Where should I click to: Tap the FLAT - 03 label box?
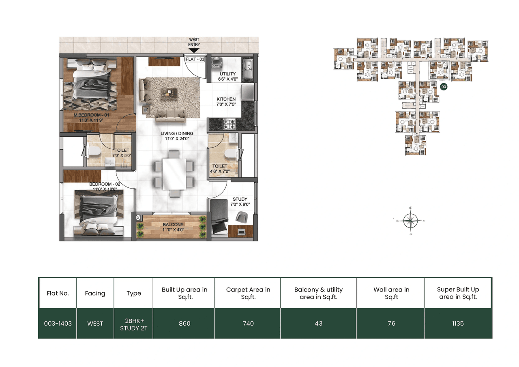195,59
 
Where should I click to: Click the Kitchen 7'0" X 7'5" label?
226,102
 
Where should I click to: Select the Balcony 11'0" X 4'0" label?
173,227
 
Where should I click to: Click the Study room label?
240,202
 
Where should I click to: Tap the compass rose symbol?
412,221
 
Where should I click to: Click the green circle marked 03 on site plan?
444,87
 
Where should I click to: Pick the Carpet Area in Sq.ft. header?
248,293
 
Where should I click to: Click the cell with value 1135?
458,323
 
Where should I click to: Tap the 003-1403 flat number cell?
57,323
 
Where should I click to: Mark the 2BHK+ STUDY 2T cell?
133,323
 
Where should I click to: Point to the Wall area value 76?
391,323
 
